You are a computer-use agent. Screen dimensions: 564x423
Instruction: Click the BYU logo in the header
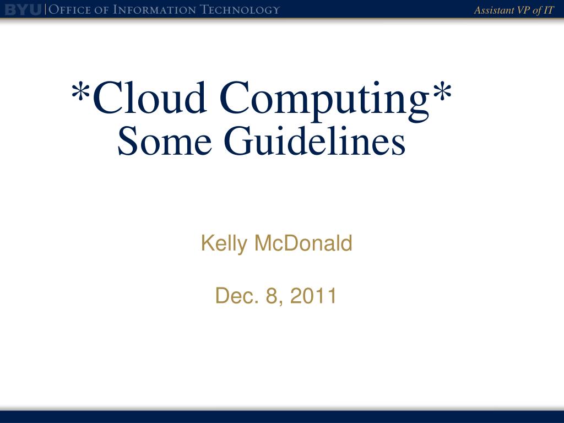[x=23, y=10]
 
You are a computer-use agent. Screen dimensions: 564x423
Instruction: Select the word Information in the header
[x=155, y=10]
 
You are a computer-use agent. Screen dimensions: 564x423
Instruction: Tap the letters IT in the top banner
[x=549, y=10]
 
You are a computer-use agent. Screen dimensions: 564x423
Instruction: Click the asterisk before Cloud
[x=80, y=92]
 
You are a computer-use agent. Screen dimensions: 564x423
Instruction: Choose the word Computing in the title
[x=324, y=101]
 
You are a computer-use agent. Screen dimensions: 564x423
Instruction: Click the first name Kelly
[x=224, y=243]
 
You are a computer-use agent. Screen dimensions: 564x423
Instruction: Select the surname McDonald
[x=303, y=243]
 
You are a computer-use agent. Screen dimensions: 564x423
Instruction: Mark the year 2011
[x=313, y=296]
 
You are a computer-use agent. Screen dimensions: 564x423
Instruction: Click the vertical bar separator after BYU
[x=45, y=10]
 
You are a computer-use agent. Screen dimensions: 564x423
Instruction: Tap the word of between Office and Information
[x=102, y=10]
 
